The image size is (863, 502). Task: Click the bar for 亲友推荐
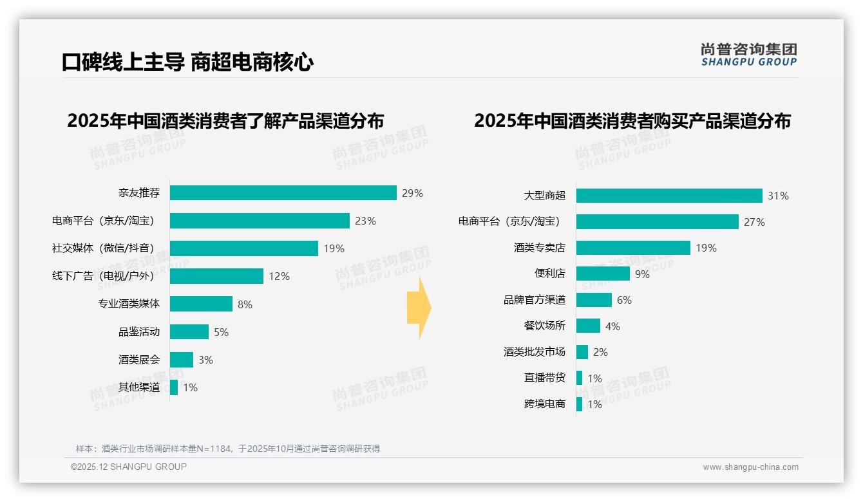(283, 193)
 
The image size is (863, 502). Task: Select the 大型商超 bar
(669, 196)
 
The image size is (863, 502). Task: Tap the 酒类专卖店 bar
(633, 248)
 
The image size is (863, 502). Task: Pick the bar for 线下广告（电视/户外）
(216, 276)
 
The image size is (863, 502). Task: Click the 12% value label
(279, 276)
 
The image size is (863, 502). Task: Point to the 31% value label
(778, 196)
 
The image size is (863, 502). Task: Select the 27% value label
(754, 222)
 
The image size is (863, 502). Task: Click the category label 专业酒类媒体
(129, 304)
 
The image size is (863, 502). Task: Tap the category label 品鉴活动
(139, 332)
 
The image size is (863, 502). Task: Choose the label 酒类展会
(139, 360)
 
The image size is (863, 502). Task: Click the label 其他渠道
(139, 387)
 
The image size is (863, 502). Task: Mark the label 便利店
(550, 274)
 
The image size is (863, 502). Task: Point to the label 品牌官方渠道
(535, 300)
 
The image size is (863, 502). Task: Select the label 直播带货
(545, 378)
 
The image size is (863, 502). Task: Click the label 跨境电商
(545, 404)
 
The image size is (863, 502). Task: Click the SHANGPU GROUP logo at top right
(749, 55)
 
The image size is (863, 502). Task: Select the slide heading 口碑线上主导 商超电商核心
(187, 62)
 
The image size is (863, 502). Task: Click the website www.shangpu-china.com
(750, 467)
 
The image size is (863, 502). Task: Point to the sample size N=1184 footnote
(228, 449)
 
